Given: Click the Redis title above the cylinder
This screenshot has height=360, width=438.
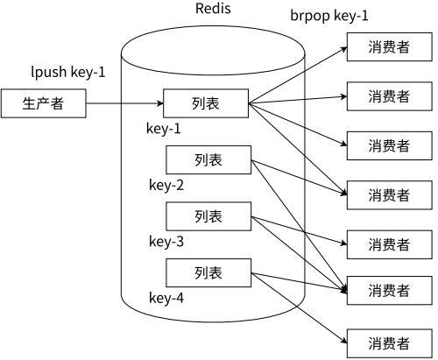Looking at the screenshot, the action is (213, 8).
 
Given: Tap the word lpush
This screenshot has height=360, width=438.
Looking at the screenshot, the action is (49, 72).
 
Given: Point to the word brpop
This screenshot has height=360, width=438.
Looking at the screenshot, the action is (310, 16).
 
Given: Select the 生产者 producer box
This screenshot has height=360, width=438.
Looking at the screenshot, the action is (44, 103).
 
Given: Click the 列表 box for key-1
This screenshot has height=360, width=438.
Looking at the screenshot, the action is (206, 103).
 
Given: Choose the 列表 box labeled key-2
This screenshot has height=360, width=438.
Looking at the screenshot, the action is (208, 160).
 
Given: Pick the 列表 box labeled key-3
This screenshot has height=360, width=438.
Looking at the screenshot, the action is (208, 216).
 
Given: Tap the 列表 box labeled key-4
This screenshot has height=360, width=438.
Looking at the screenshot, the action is (208, 272).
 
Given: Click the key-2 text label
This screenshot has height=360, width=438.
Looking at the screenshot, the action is (166, 185).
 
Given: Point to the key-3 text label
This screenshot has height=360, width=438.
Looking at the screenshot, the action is (166, 242).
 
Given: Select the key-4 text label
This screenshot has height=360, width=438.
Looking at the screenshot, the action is (166, 298).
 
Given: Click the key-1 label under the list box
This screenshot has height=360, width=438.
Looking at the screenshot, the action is (164, 129).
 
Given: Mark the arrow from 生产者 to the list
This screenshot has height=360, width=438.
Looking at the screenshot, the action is (124, 103).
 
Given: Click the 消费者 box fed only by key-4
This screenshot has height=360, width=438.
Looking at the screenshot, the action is (390, 343).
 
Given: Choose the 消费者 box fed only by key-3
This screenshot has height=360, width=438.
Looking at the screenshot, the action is (390, 244).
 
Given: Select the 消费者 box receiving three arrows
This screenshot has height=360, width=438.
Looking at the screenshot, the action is (390, 291).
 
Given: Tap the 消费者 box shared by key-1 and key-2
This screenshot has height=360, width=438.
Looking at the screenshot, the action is (390, 195).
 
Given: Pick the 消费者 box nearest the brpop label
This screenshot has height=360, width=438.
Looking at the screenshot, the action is (390, 47).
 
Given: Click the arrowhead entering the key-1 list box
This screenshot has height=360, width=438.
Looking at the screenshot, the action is (160, 103).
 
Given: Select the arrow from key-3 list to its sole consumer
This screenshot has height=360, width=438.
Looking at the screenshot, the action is (299, 230).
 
